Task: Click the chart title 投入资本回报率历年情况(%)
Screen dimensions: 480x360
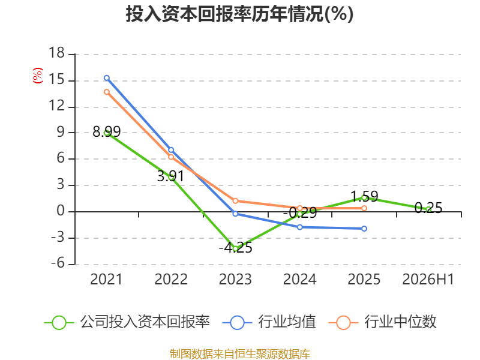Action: pyautogui.click(x=239, y=14)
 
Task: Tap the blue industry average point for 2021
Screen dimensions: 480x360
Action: pyautogui.click(x=107, y=78)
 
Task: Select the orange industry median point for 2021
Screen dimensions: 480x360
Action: pyautogui.click(x=107, y=92)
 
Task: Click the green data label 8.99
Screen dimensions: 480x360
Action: pyautogui.click(x=107, y=132)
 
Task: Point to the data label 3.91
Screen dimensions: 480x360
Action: pyautogui.click(x=171, y=176)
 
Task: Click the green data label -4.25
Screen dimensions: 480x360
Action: pyautogui.click(x=235, y=248)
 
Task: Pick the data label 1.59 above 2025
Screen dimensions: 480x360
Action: pyautogui.click(x=364, y=196)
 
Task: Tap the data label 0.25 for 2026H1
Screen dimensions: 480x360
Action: pyautogui.click(x=428, y=208)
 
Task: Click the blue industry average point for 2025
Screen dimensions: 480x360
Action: pyautogui.click(x=364, y=229)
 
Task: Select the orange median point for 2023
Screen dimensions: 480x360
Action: pyautogui.click(x=235, y=201)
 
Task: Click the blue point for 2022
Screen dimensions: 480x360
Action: pyautogui.click(x=171, y=150)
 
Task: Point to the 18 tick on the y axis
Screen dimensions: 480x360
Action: pyautogui.click(x=56, y=53)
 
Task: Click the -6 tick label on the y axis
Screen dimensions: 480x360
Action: pyautogui.click(x=58, y=263)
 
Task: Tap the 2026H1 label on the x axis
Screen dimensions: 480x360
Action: pyautogui.click(x=428, y=280)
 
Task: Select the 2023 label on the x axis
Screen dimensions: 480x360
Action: pyautogui.click(x=235, y=280)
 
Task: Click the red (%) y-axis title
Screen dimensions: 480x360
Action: pyautogui.click(x=38, y=76)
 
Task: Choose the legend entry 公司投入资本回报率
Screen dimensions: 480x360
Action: pyautogui.click(x=127, y=322)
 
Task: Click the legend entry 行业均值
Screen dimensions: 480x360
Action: pyautogui.click(x=269, y=322)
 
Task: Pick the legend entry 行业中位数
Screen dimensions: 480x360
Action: pyautogui.click(x=382, y=322)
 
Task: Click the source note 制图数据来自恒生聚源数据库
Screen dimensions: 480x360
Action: pyautogui.click(x=240, y=354)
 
